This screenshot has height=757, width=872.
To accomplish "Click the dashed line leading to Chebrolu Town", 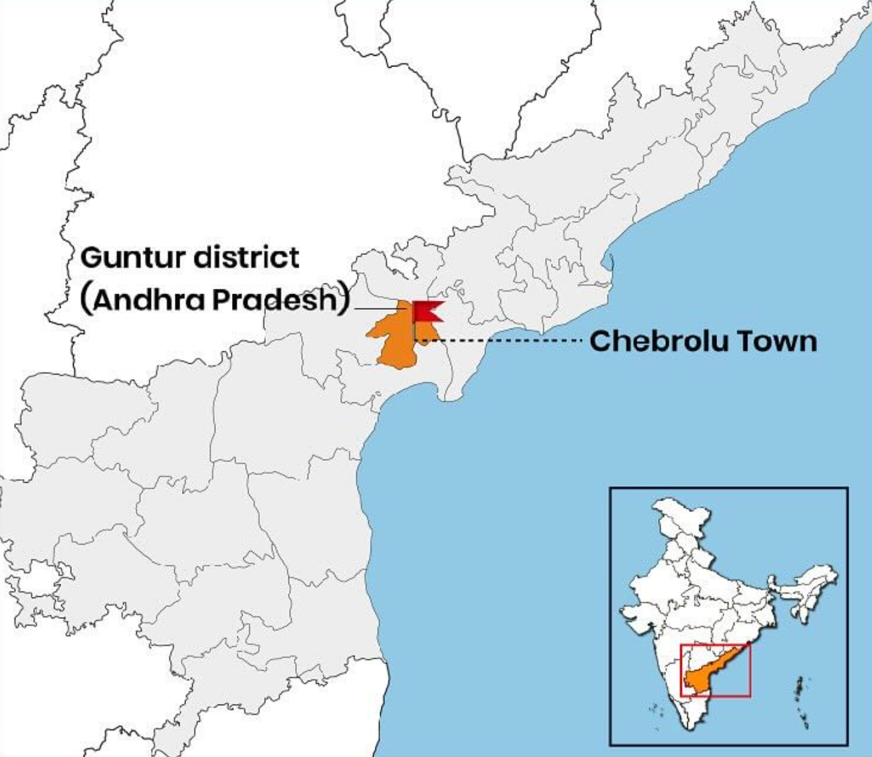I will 505,341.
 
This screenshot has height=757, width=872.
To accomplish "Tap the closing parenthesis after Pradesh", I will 343,299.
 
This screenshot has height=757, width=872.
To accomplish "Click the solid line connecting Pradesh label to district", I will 376,309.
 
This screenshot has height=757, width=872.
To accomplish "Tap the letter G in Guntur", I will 92,258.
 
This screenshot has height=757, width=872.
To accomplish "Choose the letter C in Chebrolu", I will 600,341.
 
